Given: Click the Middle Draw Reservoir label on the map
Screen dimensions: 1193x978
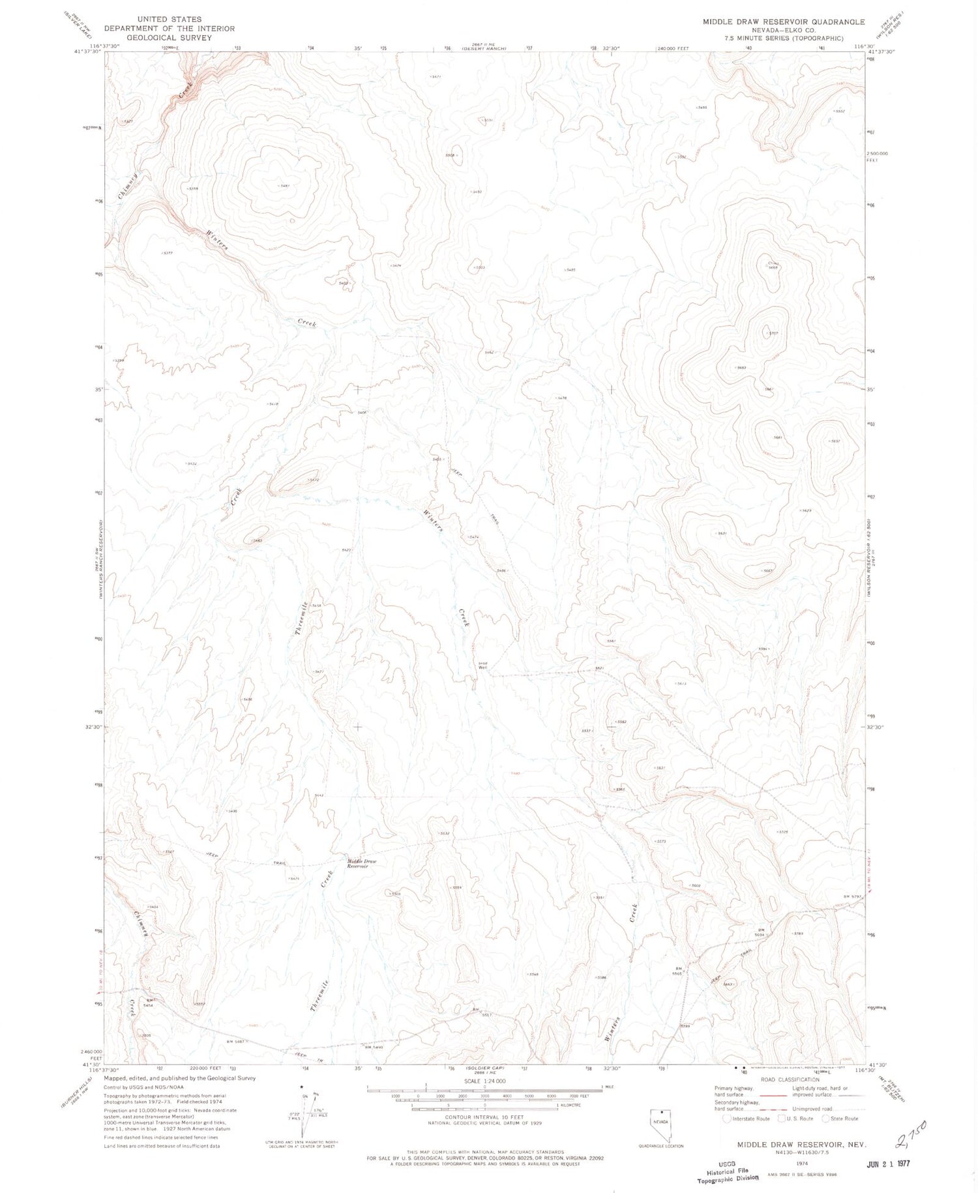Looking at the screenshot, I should pos(362,864).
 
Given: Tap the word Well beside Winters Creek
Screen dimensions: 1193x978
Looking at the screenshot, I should pos(483,667).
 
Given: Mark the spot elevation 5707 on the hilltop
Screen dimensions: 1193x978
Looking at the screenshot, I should pos(774,333).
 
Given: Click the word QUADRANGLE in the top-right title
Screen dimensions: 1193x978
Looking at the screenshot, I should pos(838,22).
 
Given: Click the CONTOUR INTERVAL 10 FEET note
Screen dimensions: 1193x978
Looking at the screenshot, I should pos(484,1117).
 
